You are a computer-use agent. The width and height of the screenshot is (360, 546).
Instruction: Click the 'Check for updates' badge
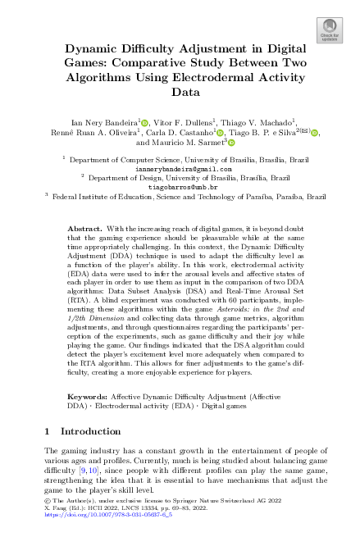click(x=329, y=30)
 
